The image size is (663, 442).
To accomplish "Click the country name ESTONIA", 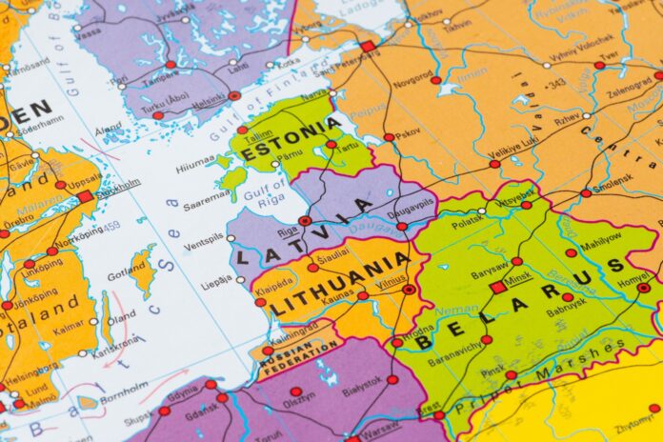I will pos(291,141).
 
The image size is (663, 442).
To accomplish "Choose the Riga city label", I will pos(288,230).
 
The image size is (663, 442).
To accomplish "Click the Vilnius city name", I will pos(392,281).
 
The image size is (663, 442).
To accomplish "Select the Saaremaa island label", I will pos(206,195).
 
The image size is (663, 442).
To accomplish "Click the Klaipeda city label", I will pos(273,284).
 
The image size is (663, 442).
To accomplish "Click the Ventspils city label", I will pos(203,247).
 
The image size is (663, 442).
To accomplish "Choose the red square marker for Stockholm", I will pos(85,196).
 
